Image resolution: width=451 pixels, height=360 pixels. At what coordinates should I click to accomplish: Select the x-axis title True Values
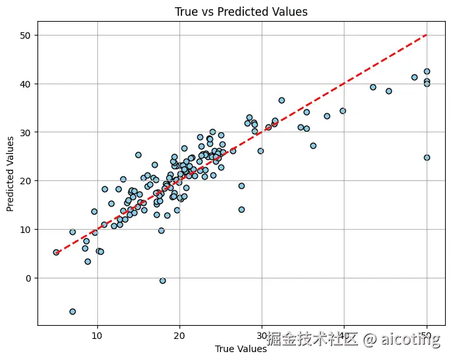point(241,349)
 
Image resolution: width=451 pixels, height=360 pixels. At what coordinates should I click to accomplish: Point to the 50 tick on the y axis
point(25,35)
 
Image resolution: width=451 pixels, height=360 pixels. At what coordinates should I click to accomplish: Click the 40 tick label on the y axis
point(25,84)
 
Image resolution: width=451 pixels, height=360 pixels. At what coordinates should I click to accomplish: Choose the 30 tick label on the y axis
point(25,132)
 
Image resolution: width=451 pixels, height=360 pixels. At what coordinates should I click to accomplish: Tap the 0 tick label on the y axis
point(28,278)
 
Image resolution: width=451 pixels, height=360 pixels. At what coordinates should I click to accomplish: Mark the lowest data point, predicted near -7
point(72,311)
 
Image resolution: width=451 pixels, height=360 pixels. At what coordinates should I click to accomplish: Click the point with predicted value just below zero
point(162,280)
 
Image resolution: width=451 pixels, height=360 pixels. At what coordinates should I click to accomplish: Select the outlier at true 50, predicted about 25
point(427,157)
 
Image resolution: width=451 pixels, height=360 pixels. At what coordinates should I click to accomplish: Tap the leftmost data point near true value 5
point(56,252)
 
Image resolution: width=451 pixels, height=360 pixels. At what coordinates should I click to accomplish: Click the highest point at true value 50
point(427,71)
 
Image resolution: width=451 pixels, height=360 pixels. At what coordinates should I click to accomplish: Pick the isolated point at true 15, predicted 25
point(138,155)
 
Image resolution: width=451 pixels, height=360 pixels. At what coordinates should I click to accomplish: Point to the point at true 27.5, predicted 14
point(241,209)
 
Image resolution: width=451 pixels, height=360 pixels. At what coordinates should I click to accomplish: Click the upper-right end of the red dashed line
point(427,35)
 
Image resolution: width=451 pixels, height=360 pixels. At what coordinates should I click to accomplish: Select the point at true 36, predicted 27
point(313,145)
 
